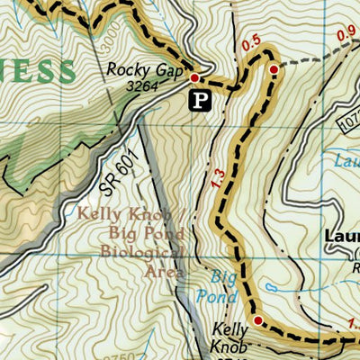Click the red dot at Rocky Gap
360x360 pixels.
click(x=193, y=80)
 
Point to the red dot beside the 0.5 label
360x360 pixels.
click(x=273, y=67)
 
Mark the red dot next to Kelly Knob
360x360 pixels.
click(x=257, y=320)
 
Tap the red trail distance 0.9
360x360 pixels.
click(x=346, y=34)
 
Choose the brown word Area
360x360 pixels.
click(x=166, y=271)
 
